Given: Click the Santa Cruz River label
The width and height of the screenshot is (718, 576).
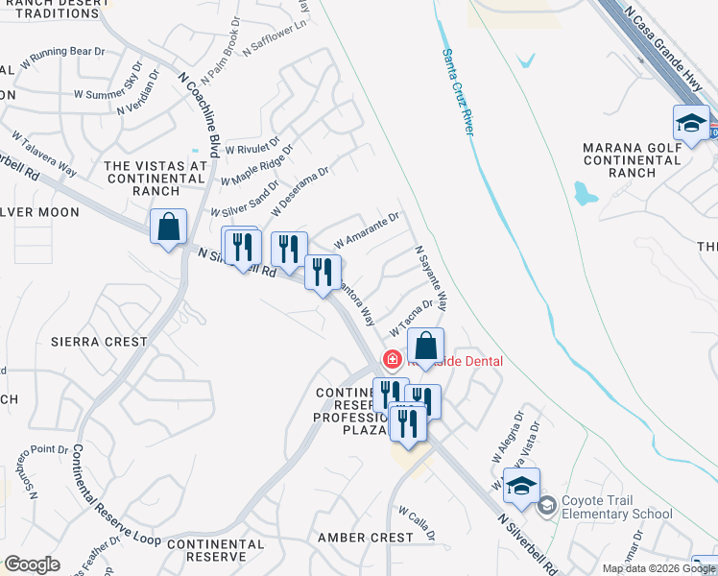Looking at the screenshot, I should (x=458, y=92).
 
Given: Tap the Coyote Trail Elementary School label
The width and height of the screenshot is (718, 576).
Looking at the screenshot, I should (x=616, y=507).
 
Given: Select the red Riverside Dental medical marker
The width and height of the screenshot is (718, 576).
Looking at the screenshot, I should (x=392, y=361).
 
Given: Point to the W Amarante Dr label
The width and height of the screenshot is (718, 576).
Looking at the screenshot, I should (x=366, y=231).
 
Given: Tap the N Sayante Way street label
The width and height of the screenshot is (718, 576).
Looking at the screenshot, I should (x=431, y=278).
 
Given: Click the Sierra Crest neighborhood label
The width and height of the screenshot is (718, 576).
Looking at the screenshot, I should (x=100, y=342).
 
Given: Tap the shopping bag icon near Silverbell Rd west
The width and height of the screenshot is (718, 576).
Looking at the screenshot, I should (x=168, y=228).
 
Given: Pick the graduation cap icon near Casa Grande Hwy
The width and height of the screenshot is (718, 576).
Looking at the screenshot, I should (x=691, y=123).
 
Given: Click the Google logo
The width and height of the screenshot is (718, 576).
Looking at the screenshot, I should (x=32, y=564).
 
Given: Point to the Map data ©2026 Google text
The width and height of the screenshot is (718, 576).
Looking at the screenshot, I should (x=659, y=568).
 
